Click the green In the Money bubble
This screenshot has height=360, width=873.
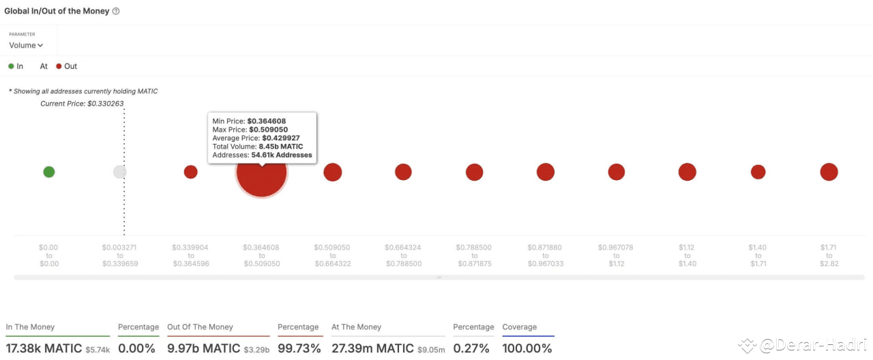point(49,172)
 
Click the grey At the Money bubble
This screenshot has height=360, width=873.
point(120,172)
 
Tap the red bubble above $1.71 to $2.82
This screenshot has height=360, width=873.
point(829,172)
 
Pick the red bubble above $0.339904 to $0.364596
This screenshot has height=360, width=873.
point(191,172)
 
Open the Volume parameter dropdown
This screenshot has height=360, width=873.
point(26,46)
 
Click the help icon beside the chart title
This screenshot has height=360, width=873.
point(116,12)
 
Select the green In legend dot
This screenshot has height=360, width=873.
point(11,66)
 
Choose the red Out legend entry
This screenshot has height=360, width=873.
point(67,66)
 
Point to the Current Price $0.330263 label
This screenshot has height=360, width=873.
point(82,104)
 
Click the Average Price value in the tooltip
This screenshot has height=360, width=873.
point(281,138)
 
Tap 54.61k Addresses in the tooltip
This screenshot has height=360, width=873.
point(287,155)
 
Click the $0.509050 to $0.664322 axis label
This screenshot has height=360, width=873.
point(332,255)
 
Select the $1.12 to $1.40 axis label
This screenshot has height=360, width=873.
point(687,255)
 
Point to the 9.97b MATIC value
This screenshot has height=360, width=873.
point(203,348)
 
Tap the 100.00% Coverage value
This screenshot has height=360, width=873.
point(527,348)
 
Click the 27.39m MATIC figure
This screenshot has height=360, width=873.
point(372,348)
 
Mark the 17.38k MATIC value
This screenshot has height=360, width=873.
point(43,348)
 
